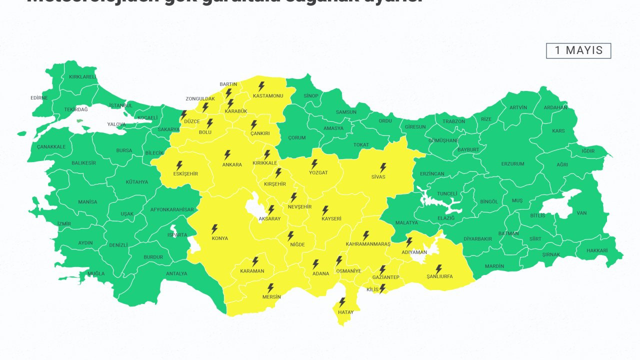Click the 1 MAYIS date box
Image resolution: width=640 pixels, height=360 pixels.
578,50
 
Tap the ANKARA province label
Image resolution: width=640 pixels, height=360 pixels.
232,164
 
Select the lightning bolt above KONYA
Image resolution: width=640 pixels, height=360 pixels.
214,229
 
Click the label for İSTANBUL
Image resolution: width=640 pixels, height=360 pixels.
120,105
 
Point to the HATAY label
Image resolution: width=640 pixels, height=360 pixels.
345,312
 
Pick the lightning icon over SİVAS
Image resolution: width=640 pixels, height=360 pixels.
383,167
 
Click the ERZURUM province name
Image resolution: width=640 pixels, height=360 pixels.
512,164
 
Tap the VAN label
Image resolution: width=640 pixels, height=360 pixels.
581,213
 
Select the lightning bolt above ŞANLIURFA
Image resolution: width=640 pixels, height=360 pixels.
438,269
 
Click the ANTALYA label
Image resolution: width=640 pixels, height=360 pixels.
176,273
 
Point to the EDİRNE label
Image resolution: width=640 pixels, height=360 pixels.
39,98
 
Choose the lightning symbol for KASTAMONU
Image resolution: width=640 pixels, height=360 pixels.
261,86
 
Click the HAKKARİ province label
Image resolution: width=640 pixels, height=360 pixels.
597,250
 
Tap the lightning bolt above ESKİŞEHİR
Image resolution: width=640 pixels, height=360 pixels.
179,165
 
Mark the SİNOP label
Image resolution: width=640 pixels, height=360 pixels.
311,95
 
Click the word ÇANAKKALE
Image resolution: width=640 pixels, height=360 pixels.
51,147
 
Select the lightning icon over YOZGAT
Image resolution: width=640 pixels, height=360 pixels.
314,164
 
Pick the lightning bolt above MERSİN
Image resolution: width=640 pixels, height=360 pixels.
270,288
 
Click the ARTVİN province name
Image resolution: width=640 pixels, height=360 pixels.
518,107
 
